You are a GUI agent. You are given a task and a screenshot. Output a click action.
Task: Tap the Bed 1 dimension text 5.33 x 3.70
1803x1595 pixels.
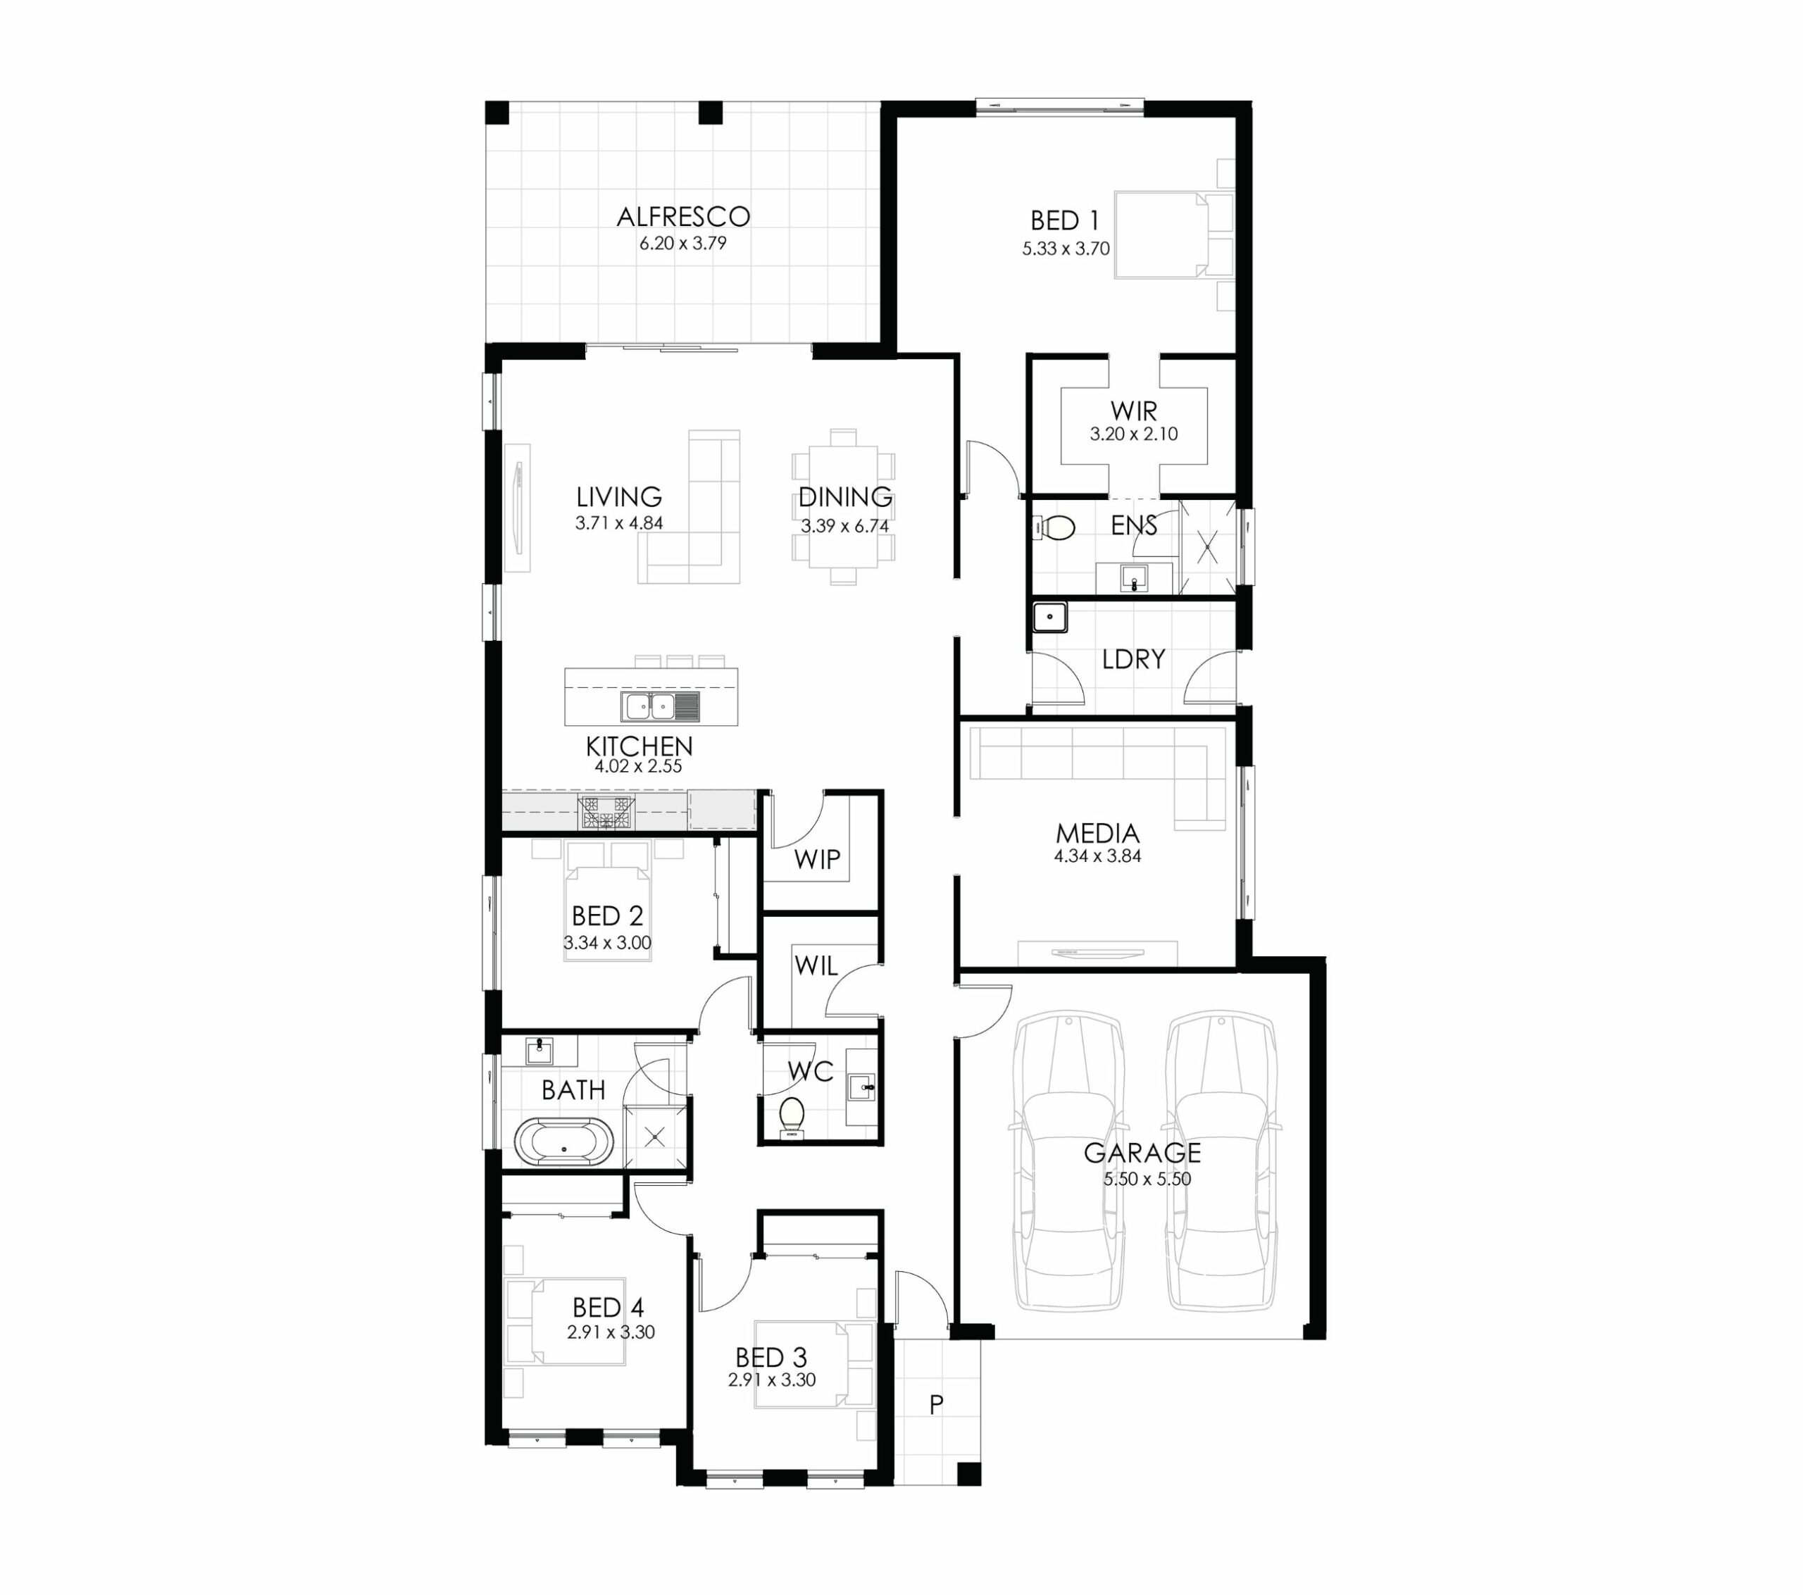tap(1066, 249)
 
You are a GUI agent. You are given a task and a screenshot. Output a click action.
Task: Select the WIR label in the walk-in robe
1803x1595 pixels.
tap(1133, 411)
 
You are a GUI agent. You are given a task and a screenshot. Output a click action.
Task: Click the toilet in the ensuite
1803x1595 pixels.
tap(1053, 528)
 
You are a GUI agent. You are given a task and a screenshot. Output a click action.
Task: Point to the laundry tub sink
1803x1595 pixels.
tap(1049, 617)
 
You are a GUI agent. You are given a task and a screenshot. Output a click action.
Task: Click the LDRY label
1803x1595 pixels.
tap(1133, 659)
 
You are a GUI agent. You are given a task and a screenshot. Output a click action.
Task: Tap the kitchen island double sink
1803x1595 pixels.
tap(660, 706)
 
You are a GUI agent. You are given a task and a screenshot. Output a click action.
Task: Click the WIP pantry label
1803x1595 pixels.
tap(817, 858)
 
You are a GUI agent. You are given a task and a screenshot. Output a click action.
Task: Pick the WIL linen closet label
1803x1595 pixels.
tap(816, 966)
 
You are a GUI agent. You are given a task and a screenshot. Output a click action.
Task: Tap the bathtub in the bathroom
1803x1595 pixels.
tap(563, 1141)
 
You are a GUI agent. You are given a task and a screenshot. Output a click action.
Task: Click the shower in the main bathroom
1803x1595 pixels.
tap(654, 1137)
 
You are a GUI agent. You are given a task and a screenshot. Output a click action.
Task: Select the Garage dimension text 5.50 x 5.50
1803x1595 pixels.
tap(1147, 1179)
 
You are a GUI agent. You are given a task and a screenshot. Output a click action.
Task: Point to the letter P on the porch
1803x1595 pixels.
tap(937, 1404)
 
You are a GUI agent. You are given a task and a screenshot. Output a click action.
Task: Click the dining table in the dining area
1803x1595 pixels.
tap(843, 507)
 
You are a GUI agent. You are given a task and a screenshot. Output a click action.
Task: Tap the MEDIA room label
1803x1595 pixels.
tap(1097, 833)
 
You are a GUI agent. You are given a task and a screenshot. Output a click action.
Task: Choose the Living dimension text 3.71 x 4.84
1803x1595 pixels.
tap(619, 523)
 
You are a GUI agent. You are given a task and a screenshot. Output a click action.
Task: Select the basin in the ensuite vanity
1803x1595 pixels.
tap(1133, 579)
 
